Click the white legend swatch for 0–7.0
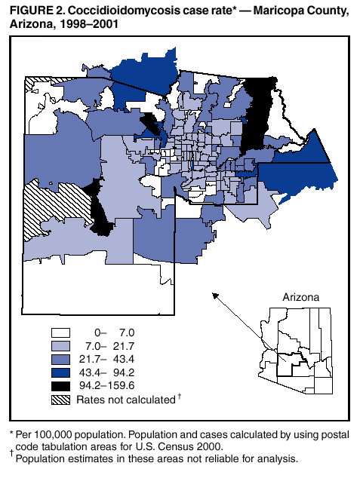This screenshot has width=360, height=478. click(x=62, y=332)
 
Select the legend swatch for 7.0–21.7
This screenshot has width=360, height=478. click(x=62, y=345)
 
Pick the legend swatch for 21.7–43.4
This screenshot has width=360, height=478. click(x=62, y=359)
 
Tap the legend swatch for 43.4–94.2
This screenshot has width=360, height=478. click(x=62, y=372)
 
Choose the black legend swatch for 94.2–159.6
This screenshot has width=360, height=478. click(x=62, y=386)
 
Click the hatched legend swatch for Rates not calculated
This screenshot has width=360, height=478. click(x=62, y=400)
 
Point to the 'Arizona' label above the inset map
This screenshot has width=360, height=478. click(x=300, y=297)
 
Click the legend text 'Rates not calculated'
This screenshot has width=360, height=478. click(x=125, y=400)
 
